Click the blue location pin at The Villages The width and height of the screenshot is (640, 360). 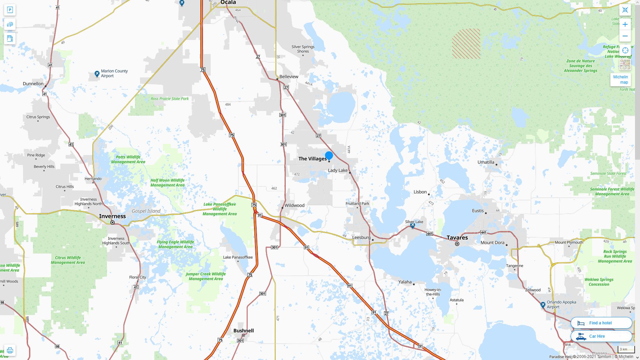coord(329,155)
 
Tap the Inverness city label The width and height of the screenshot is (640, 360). coord(112,216)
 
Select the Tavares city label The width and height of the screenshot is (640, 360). coord(457,237)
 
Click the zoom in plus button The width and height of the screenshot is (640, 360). coord(625,24)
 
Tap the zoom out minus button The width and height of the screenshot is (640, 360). coord(625,36)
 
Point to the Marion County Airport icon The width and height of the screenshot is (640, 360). coord(97,74)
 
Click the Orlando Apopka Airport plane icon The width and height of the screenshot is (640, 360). coord(543,305)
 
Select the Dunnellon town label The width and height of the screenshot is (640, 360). coord(33,84)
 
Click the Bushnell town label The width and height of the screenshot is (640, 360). coord(244,331)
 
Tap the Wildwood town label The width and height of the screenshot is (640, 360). coord(294,205)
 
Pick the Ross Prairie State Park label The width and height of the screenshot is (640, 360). coord(170,99)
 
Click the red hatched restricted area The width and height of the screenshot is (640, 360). coord(466,44)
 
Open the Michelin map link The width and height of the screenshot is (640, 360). coord(620,79)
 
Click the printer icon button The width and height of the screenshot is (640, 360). coord(10,350)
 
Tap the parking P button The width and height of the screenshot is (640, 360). coord(10,10)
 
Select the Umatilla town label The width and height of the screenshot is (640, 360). coord(486,162)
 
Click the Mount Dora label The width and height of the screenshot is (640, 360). coord(492,243)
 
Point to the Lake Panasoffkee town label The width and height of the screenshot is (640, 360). coord(238,257)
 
